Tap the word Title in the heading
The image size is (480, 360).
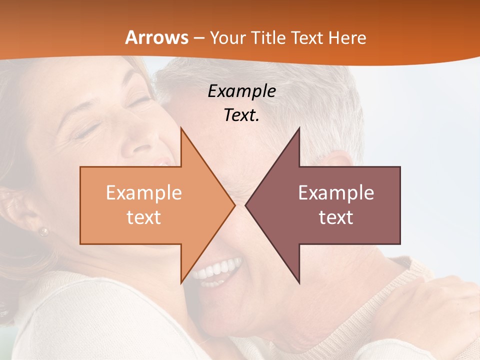pyautogui.click(x=268, y=37)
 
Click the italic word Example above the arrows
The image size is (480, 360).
pyautogui.click(x=241, y=91)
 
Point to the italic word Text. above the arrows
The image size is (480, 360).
pyautogui.click(x=241, y=115)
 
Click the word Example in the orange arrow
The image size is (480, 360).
pyautogui.click(x=144, y=192)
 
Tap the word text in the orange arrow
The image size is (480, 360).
pyautogui.click(x=144, y=217)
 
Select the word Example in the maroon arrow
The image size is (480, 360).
pyautogui.click(x=336, y=192)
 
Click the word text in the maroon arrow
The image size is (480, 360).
pyautogui.click(x=336, y=217)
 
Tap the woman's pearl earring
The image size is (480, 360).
pyautogui.click(x=44, y=231)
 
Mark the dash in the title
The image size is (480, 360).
pyautogui.click(x=198, y=38)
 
